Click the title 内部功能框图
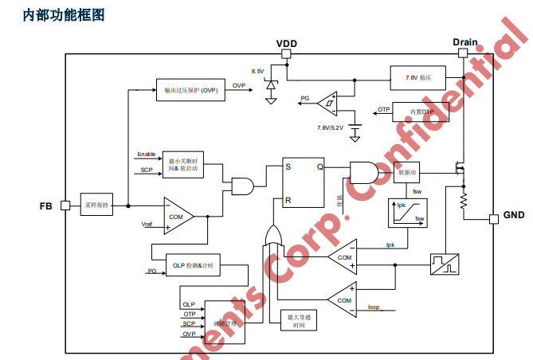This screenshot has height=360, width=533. click(65, 14)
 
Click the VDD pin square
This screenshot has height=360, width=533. click(285, 54)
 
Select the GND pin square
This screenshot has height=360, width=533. click(492, 217)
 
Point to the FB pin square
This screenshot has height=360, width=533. click(65, 205)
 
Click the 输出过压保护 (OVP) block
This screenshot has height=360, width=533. click(191, 90)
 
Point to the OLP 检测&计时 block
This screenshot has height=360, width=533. click(193, 265)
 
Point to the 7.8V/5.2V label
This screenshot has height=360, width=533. click(330, 127)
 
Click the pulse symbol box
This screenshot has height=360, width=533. click(444, 264)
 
